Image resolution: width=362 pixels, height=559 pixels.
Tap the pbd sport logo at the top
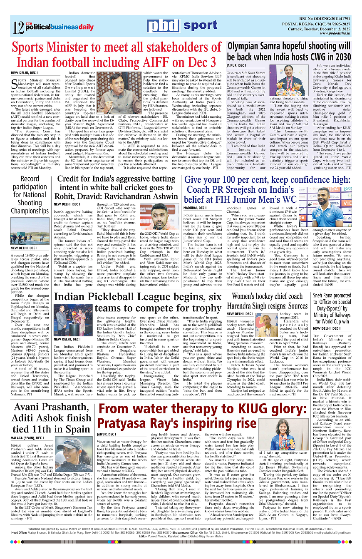pyautogui.click(x=182, y=26)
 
